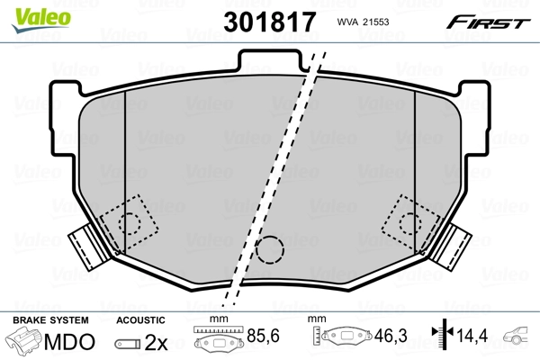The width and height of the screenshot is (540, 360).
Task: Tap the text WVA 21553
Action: click(x=362, y=21)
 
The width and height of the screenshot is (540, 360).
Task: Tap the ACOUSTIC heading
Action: click(x=140, y=319)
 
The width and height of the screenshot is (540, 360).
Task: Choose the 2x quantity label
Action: click(x=157, y=342)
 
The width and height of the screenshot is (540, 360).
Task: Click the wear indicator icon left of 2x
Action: click(x=129, y=343)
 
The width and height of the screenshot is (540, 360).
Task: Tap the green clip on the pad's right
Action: click(x=455, y=244)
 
